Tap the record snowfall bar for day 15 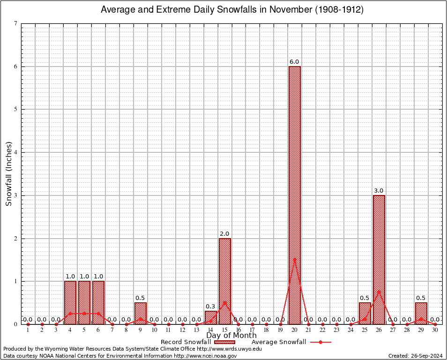(225, 281)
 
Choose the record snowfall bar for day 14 (211, 317)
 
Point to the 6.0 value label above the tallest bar (294, 61)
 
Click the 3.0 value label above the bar (379, 190)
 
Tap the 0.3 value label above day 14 (210, 307)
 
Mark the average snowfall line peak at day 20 (295, 259)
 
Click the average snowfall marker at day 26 (379, 292)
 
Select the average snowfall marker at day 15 (225, 302)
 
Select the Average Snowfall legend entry (291, 342)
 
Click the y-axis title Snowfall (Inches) (8, 173)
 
